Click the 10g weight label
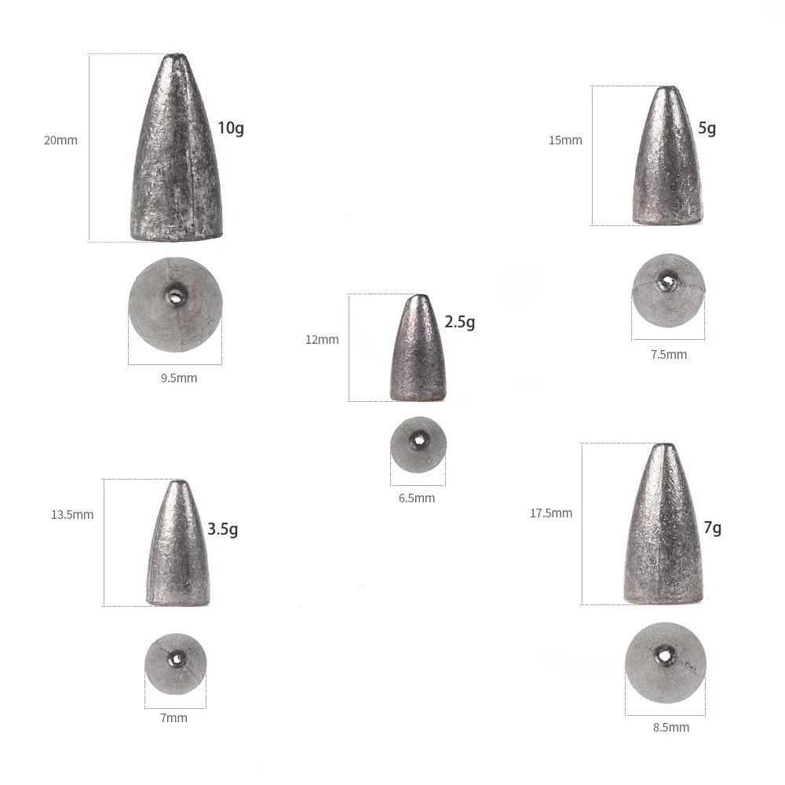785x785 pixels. point(231,128)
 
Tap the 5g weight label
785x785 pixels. point(706,128)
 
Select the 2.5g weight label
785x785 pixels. point(459,322)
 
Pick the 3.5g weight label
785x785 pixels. point(223,529)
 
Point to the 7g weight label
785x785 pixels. point(712,528)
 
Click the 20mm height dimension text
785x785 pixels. point(60,141)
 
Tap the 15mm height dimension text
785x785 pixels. point(565,141)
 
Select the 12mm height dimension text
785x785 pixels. point(322,340)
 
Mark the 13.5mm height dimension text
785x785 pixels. point(72,515)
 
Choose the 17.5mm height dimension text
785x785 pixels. point(551,513)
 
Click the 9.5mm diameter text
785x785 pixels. point(179,378)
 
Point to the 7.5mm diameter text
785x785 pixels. point(669,354)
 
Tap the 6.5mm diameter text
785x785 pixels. point(417,498)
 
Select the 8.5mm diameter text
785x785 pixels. point(671,727)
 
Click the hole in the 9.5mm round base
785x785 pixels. point(174,295)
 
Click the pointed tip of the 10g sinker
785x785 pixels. point(173,57)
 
